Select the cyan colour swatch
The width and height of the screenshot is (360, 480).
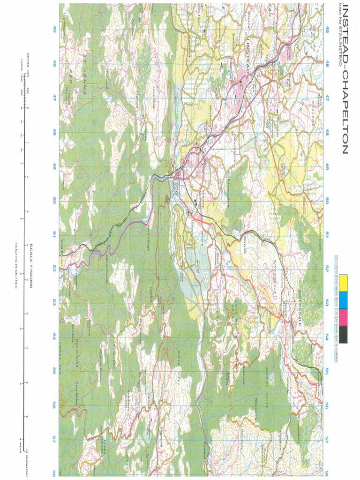click(x=345, y=298)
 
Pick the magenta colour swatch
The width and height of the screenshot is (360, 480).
click(x=345, y=316)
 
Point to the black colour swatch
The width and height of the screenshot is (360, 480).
click(x=345, y=334)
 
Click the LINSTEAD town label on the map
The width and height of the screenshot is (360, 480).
click(x=247, y=52)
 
